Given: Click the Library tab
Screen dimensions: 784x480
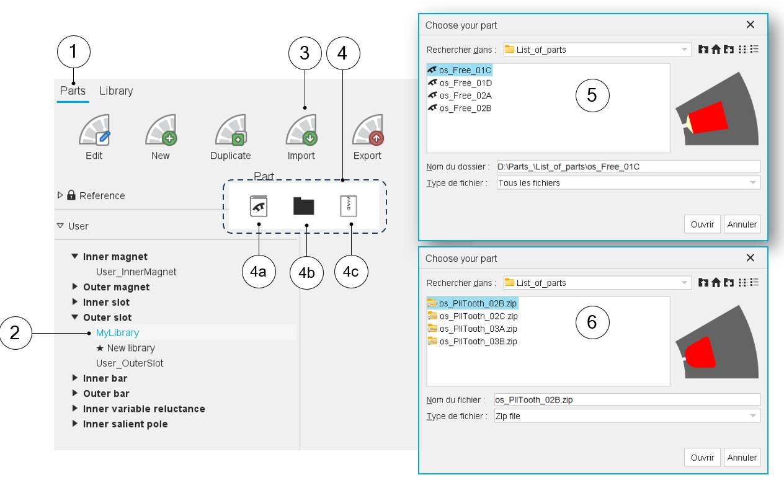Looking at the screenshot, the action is (116, 91).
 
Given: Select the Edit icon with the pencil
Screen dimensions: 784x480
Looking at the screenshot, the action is (94, 130).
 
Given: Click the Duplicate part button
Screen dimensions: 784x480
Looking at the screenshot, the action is (231, 130).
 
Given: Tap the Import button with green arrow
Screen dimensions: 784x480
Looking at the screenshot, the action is (301, 130).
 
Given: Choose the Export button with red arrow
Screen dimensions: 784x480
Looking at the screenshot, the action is (368, 130).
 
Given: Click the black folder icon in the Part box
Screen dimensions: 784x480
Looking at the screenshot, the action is (303, 206).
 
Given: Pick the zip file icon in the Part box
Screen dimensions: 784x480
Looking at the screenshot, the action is (349, 206).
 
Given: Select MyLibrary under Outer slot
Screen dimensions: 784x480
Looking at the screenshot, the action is (118, 332).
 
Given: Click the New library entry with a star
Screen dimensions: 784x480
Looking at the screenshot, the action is (125, 348).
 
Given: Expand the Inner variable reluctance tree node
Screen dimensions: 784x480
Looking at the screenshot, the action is (74, 408).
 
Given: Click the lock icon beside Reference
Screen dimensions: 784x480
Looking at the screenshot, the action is (71, 195).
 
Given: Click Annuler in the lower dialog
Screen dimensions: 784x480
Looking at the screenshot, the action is (742, 458).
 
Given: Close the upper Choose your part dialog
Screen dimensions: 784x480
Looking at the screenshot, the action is (751, 25).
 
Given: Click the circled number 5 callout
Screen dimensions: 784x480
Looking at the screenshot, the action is (592, 95).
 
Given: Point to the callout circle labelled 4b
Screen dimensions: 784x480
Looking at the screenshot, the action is (306, 272).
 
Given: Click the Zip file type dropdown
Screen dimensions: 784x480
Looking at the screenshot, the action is (627, 416).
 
